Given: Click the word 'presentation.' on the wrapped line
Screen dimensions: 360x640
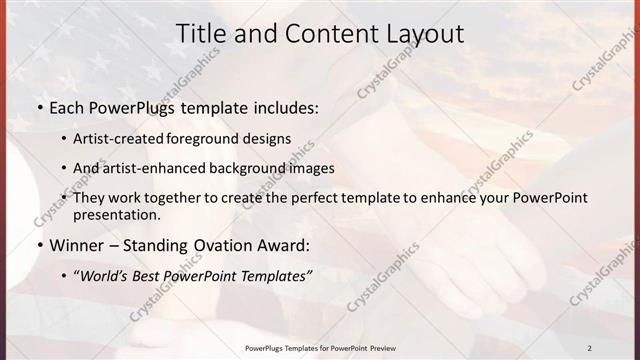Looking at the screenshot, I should pyautogui.click(x=117, y=214).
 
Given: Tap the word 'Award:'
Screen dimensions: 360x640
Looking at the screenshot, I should pyautogui.click(x=284, y=244).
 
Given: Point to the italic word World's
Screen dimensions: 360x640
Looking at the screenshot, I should pyautogui.click(x=104, y=274).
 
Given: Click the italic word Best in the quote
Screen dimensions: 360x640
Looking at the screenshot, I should pyautogui.click(x=153, y=274).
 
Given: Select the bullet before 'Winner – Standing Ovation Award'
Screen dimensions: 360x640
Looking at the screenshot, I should pyautogui.click(x=39, y=244).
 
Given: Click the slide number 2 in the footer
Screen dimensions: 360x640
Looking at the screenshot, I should pyautogui.click(x=589, y=349).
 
